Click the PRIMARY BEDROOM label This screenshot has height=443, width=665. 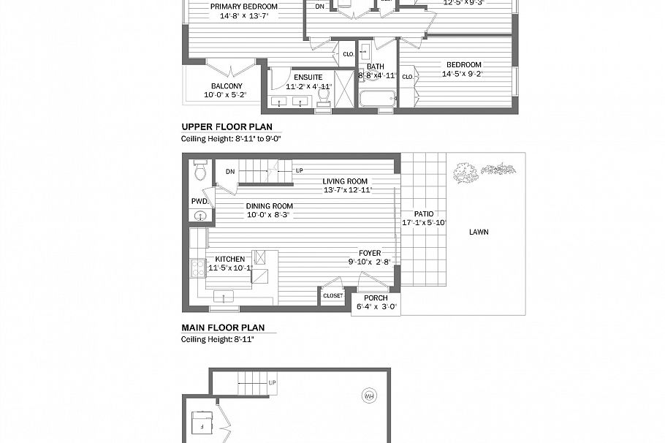pos(244,7)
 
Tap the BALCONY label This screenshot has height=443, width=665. pos(227,86)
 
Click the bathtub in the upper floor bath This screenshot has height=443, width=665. pos(377,99)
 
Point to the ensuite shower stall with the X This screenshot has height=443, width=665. pos(344,89)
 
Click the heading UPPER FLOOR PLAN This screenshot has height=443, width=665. pos(227,126)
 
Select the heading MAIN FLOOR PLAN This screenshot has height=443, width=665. pos(223,327)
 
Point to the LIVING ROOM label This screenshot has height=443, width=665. pos(347,181)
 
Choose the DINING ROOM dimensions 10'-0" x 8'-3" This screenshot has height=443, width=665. pos(269,215)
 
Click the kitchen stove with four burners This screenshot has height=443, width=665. pos(197,268)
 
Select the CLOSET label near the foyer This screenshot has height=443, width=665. pos(332,296)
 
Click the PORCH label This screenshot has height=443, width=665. pos(376,298)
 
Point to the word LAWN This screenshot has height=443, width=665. pos(479,232)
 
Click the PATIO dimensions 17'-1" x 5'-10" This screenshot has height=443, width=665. pos(425,223)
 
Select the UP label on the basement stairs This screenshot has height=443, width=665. pos(272,382)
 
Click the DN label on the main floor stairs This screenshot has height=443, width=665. pos(230,172)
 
